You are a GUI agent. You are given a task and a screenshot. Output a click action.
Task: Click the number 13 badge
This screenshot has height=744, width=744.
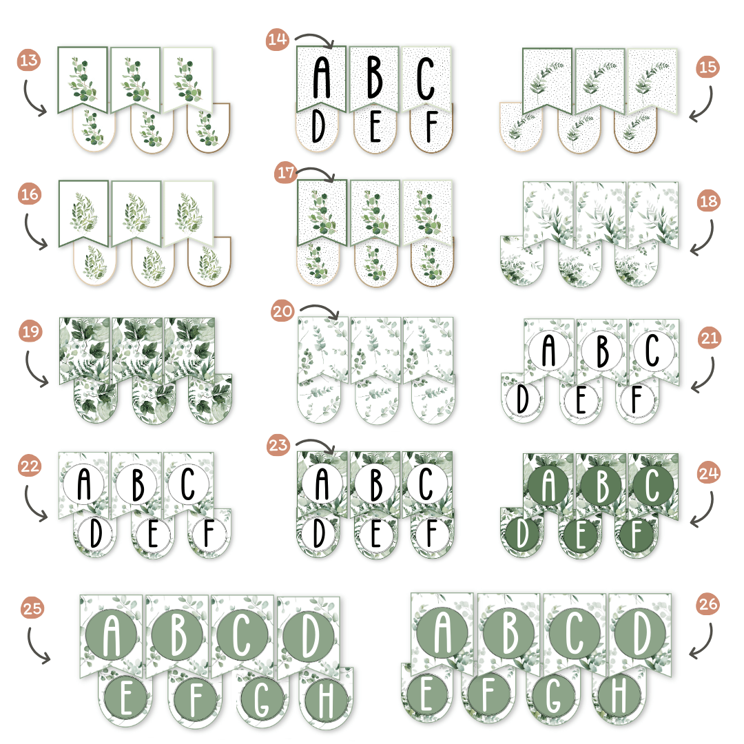29,61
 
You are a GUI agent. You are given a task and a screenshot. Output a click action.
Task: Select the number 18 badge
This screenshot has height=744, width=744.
708,202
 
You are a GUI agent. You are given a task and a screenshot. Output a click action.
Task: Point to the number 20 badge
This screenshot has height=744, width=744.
283,312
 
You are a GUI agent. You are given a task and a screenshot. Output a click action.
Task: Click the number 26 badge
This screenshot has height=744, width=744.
711,604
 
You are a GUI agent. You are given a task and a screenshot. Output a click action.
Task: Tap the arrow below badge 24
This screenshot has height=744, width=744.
703,507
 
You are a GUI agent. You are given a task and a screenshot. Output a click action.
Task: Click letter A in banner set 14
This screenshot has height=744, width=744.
322,76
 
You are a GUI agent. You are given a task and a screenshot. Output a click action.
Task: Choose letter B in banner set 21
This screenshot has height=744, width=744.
602,350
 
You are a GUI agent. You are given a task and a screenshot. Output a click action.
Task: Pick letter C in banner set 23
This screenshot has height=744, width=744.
426,484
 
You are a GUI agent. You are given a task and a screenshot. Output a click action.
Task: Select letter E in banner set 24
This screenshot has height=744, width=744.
581,537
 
